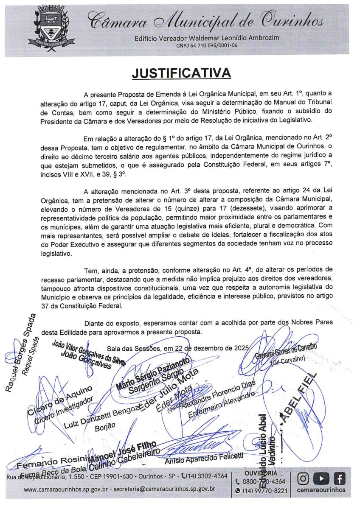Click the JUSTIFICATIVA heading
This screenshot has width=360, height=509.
(181, 73)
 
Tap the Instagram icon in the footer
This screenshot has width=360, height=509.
(304, 479)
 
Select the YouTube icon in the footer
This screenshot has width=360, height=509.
(321, 479)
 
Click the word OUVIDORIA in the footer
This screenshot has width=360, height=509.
(261, 473)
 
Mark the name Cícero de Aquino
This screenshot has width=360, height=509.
(59, 400)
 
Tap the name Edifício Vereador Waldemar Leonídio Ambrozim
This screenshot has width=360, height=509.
(207, 38)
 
